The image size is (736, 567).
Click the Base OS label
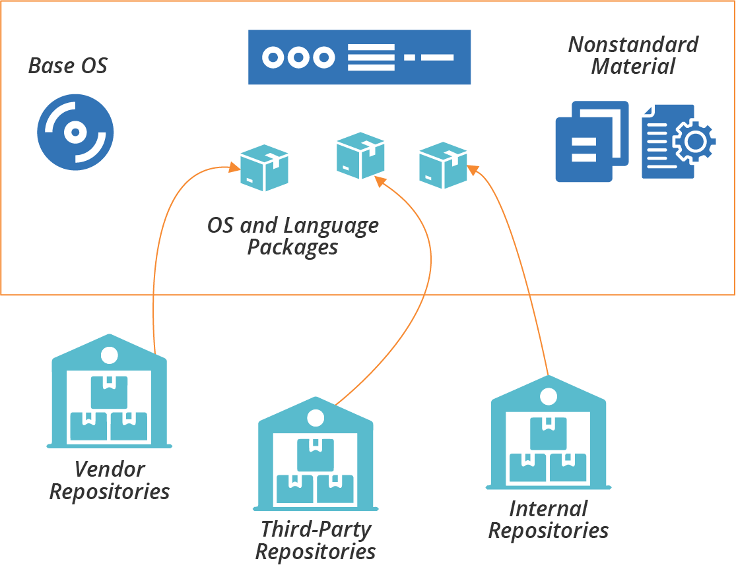(68, 66)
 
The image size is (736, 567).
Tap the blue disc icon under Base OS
(75, 133)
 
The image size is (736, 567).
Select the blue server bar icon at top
(359, 57)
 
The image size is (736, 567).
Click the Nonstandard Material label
(633, 55)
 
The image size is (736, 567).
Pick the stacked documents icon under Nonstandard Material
(591, 141)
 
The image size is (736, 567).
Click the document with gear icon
(678, 141)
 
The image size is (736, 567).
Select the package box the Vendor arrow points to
(264, 167)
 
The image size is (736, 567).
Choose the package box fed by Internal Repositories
(443, 165)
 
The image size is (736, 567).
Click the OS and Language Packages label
(293, 236)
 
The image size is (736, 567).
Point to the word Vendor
(110, 469)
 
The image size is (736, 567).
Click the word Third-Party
(316, 529)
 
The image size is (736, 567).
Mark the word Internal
(548, 509)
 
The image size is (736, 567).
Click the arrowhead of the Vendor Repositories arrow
(234, 167)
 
